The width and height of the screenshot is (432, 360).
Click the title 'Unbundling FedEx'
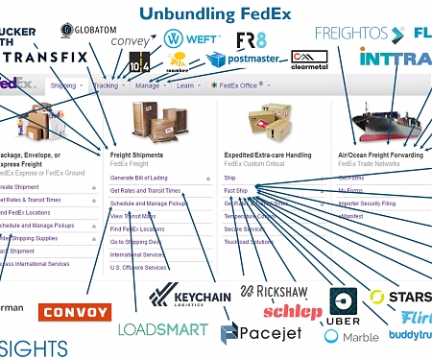pos(215,13)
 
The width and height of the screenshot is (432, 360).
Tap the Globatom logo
pos(87,32)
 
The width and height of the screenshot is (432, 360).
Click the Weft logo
pos(186,39)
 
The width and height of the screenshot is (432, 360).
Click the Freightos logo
pos(357,33)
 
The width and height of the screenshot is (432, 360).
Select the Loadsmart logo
pos(162,329)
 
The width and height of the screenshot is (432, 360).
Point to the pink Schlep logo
pos(292,311)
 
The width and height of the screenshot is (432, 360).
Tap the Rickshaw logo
pos(273,291)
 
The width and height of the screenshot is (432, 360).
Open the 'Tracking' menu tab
pos(108,85)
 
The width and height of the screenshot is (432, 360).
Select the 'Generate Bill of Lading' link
pos(140,178)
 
